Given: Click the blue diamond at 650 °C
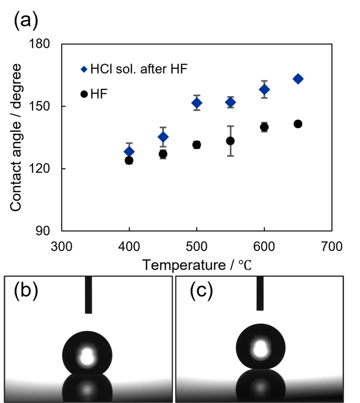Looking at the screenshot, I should point(298,79).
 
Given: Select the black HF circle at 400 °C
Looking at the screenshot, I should point(129,160).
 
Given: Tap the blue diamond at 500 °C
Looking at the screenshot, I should point(197,103).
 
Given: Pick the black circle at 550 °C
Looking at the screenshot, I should point(230,141).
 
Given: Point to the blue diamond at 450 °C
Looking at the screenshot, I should point(163,137).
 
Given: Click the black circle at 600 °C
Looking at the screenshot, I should point(264,127).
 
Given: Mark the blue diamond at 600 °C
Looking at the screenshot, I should point(264,89).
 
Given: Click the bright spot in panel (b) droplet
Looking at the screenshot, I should point(87,356).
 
